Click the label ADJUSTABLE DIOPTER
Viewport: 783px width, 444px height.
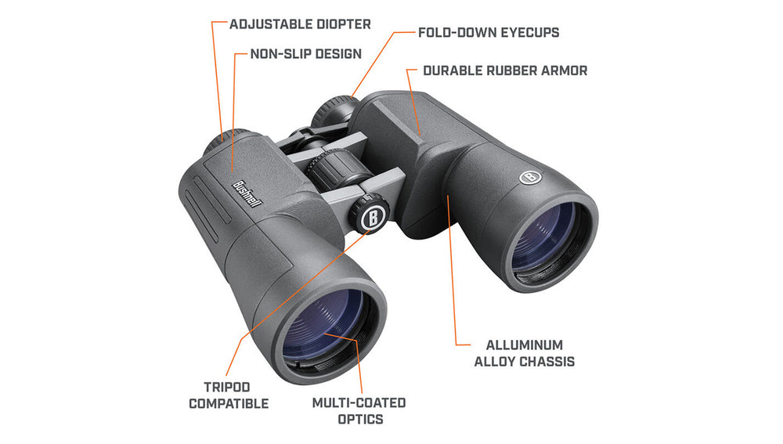pos(300,24)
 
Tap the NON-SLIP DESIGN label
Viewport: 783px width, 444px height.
pos(305,54)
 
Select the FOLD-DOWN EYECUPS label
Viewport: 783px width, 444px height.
pos(489,32)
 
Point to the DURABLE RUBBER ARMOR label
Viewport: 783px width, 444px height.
pos(505,70)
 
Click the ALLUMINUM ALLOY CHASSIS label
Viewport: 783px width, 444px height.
pos(525,353)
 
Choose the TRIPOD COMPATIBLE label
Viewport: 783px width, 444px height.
pos(229,395)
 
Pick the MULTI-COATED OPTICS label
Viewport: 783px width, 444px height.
pos(359,411)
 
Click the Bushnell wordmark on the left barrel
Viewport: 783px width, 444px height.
pos(247,193)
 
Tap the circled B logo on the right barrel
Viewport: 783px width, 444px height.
pos(530,176)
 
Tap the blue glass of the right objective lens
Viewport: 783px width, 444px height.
pos(543,237)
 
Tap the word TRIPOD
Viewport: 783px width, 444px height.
pos(227,387)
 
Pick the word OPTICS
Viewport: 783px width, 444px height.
pos(360,419)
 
